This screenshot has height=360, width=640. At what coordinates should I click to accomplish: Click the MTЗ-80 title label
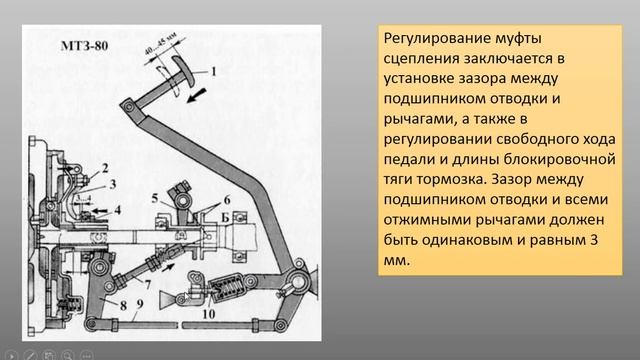(84, 45)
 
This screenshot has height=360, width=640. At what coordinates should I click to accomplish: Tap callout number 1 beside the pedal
(213, 72)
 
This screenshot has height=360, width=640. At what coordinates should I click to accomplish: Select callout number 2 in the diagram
(105, 168)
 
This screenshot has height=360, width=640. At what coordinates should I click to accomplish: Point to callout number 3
(113, 184)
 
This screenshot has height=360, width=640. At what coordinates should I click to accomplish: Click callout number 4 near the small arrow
(118, 210)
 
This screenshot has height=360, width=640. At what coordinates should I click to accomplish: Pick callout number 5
(155, 199)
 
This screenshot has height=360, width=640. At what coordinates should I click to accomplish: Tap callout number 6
(227, 200)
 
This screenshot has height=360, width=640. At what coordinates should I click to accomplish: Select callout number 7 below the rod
(148, 284)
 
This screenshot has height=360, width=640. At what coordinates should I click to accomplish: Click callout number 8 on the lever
(123, 305)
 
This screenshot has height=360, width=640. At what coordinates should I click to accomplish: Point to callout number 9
(140, 304)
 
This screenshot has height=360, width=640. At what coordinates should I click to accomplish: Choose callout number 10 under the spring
(209, 314)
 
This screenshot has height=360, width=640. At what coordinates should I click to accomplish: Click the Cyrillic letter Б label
(225, 218)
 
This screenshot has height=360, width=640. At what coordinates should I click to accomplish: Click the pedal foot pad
(183, 70)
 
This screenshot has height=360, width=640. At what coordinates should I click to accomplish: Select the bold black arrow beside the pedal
(197, 95)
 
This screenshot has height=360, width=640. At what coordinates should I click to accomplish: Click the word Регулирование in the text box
(437, 39)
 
